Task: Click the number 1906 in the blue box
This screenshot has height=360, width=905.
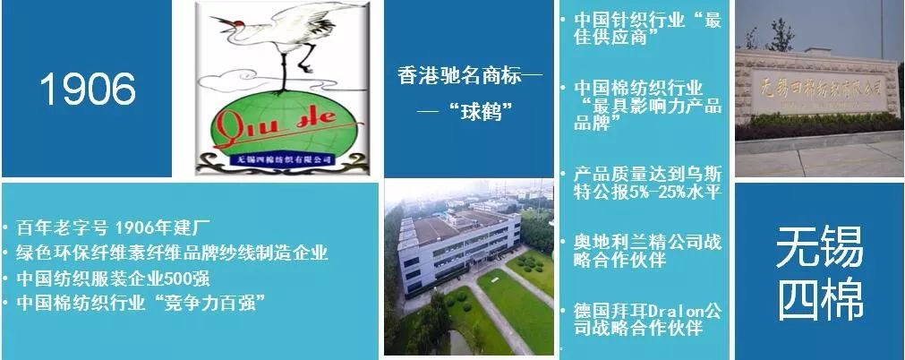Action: coord(88,89)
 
